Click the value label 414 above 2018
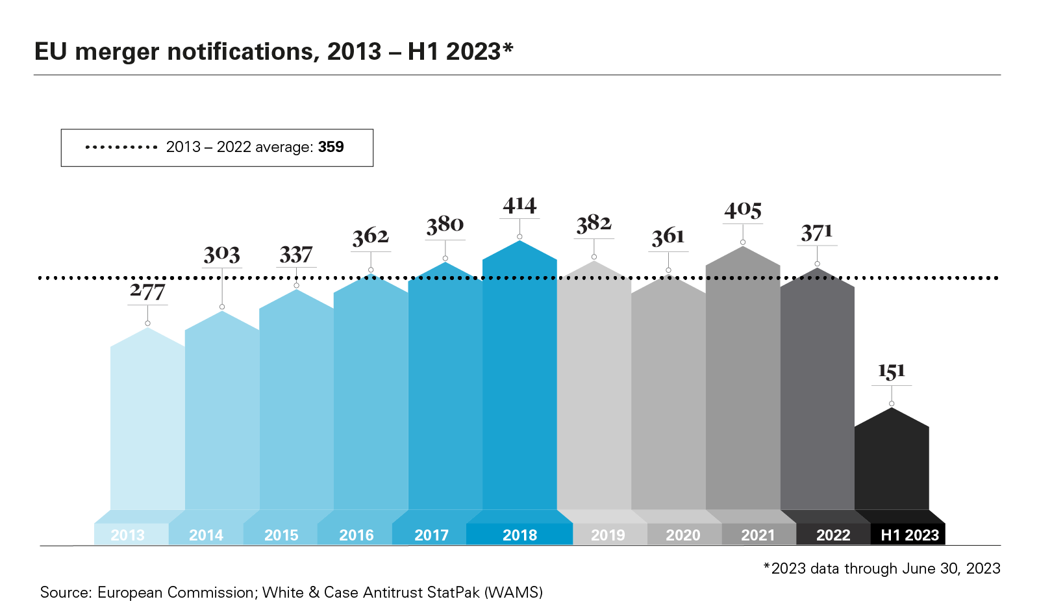pos(519,205)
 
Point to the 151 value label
pos(891,372)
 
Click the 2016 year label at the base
pos(356,535)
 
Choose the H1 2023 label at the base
pos(909,535)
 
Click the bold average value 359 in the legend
pos(331,147)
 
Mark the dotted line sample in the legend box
pos(121,147)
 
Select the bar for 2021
pos(742,390)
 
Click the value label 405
pos(743,210)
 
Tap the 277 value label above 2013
pos(147,292)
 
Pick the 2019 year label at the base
pos(608,535)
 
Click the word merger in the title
pos(117,52)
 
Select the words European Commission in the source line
pos(175,592)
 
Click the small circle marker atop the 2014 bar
pos(222,307)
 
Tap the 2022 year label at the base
pos(833,535)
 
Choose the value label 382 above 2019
pos(594,224)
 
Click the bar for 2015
pos(296,403)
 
